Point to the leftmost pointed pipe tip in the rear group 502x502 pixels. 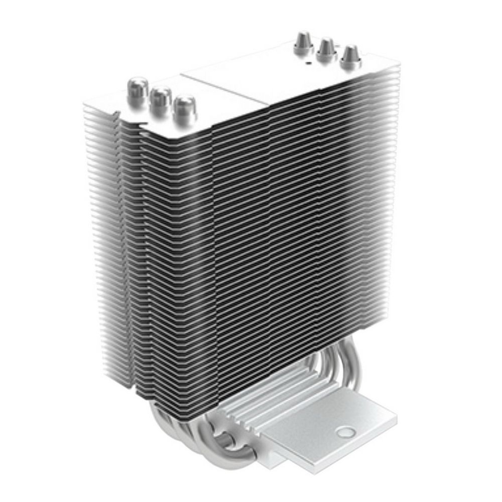(303, 41)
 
